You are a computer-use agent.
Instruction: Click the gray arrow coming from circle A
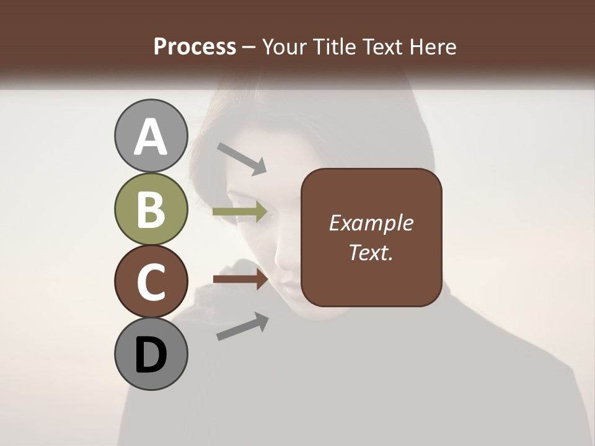point(242,159)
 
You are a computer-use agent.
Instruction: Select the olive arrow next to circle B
point(240,212)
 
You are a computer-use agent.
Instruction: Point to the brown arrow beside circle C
point(240,279)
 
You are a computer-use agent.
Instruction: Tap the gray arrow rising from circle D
point(242,326)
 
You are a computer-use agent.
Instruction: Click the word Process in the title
point(195,47)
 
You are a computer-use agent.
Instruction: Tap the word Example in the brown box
point(371,223)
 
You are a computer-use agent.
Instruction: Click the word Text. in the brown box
point(371,252)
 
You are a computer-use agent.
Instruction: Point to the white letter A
point(151,138)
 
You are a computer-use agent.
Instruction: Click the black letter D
point(151,356)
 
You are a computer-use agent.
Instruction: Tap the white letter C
point(151,282)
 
